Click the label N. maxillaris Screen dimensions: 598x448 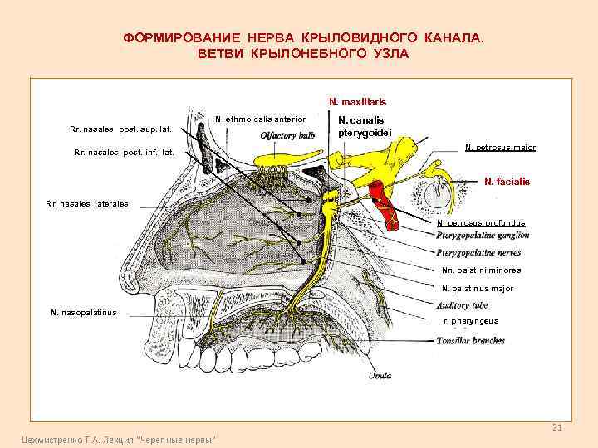(357, 101)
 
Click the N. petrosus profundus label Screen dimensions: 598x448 (481, 222)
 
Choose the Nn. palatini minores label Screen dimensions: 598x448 (482, 270)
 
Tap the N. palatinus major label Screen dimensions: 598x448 (478, 289)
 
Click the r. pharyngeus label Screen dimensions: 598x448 (471, 320)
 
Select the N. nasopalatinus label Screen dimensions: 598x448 (84, 312)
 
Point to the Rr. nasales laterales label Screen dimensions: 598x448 (87, 203)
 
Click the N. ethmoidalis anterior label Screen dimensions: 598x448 (260, 119)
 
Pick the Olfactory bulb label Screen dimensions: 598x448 (287, 136)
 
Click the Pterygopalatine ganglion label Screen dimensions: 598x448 (482, 236)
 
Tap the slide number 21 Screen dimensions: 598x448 (557, 427)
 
